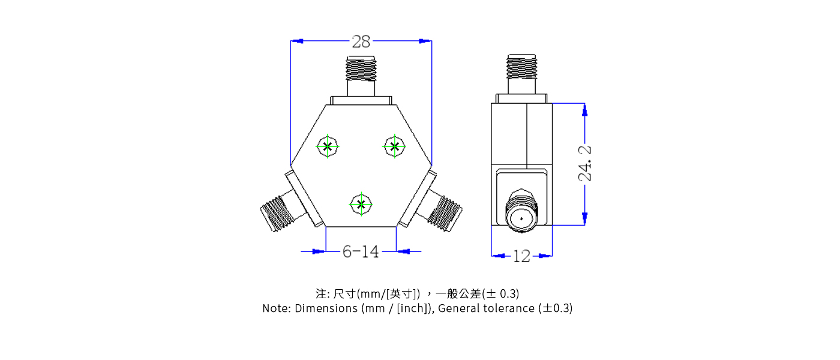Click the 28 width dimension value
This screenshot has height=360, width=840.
click(x=361, y=41)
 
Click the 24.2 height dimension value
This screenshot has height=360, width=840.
click(x=585, y=163)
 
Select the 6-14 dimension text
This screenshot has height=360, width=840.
click(x=361, y=251)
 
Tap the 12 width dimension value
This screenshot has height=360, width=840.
click(x=521, y=256)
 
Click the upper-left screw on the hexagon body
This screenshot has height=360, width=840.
click(x=328, y=146)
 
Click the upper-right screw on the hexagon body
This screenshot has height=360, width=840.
click(x=394, y=146)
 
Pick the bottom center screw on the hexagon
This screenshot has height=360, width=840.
click(x=361, y=204)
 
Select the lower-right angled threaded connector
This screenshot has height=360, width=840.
click(x=445, y=212)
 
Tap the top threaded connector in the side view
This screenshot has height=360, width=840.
click(x=521, y=67)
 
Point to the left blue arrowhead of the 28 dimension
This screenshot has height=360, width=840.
click(x=297, y=41)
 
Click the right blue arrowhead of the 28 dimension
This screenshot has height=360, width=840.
click(x=425, y=41)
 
